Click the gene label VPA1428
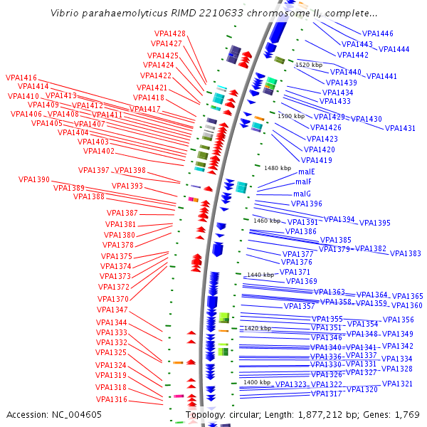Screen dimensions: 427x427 170,33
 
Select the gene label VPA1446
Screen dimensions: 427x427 377,33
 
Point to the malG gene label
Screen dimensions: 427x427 302,193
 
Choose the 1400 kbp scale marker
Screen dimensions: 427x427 256,382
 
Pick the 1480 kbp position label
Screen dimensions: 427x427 278,168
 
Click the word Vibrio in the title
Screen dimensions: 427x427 65,14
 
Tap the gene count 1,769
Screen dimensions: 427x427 404,414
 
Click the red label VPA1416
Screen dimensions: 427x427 21,78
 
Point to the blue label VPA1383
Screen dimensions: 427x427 405,253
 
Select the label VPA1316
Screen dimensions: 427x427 111,399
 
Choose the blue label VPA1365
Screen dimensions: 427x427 407,296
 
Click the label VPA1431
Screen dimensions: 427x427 400,128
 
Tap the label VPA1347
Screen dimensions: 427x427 112,310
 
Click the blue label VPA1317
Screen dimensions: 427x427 327,394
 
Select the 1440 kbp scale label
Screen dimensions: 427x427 260,275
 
